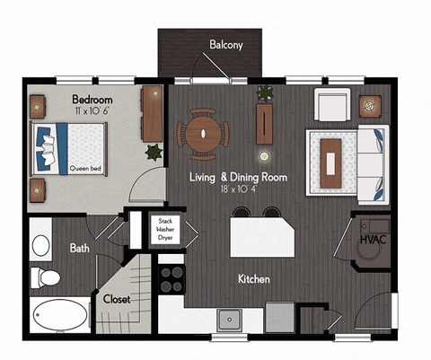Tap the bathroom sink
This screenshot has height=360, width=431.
click(x=41, y=244)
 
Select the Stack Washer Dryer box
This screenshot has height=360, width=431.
click(x=164, y=231)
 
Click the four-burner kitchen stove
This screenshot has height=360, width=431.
click(x=171, y=278)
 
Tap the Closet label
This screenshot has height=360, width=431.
click(x=118, y=299)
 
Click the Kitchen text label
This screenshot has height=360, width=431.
click(x=253, y=279)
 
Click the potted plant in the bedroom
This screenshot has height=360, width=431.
click(x=153, y=152)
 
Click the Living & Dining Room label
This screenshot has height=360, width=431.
click(x=238, y=178)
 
